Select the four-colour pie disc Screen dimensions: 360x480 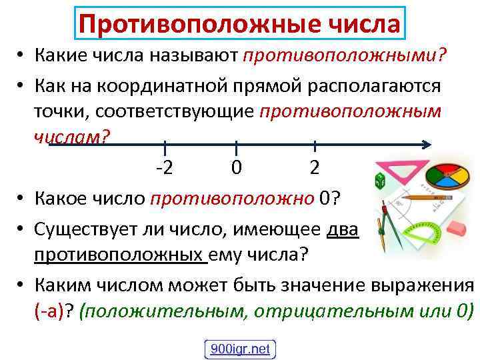[449, 172]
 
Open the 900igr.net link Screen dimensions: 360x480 [239, 348]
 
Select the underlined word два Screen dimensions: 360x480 [343, 231]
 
